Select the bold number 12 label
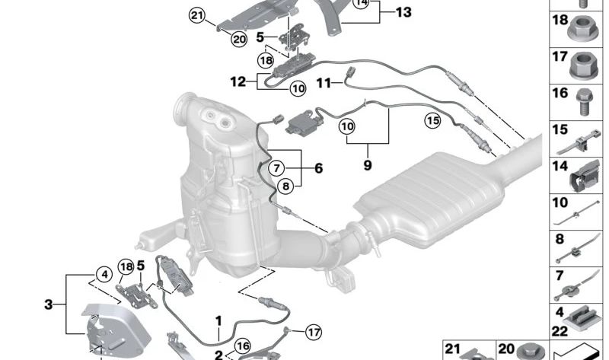(x=238, y=78)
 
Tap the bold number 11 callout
(x=324, y=83)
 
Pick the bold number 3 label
(x=49, y=305)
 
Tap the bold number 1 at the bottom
(x=218, y=320)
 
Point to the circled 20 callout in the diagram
(x=239, y=38)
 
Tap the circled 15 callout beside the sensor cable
(x=432, y=119)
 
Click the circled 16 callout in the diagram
(x=243, y=346)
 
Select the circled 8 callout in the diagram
(x=284, y=184)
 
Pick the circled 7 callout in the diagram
(x=277, y=167)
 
